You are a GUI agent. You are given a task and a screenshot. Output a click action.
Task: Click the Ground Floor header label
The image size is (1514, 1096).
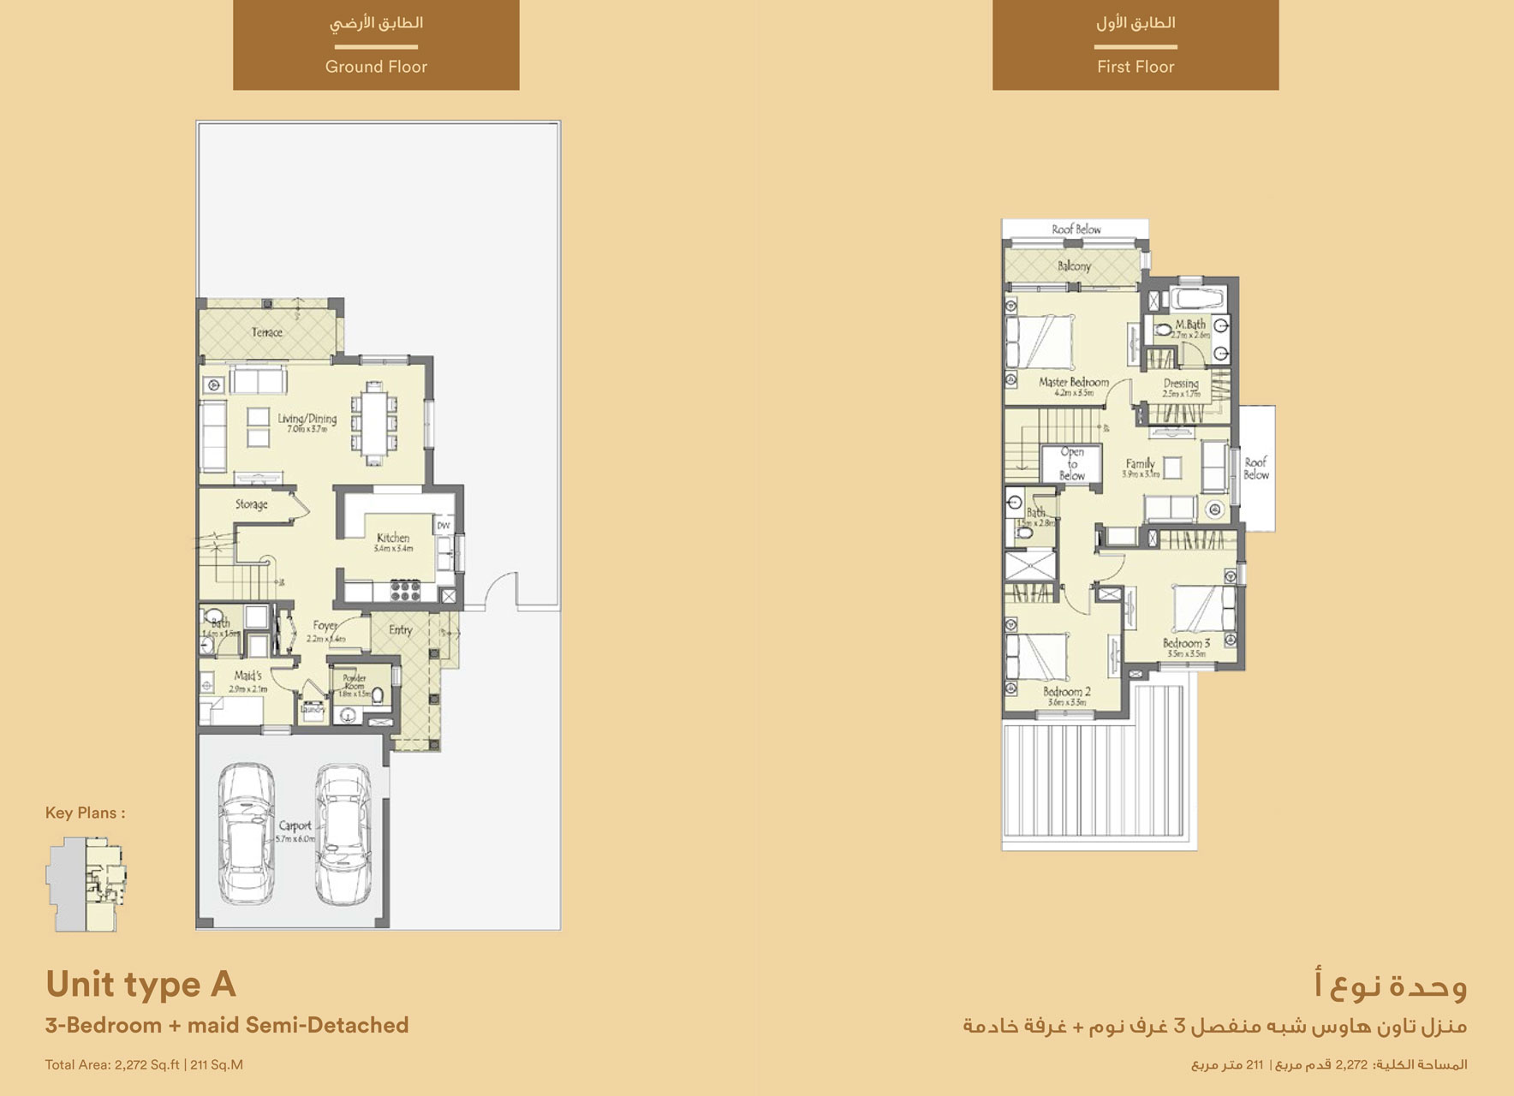(x=376, y=67)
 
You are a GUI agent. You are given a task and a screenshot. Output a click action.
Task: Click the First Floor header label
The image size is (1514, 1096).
(x=1135, y=67)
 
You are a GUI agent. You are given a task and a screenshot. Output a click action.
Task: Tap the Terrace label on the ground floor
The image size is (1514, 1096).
(x=267, y=332)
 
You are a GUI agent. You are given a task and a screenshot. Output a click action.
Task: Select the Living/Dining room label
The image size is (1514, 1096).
(x=307, y=420)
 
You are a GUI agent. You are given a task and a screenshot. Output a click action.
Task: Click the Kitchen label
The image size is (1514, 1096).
(x=393, y=539)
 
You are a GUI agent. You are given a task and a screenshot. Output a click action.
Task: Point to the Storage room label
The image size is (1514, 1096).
(x=252, y=504)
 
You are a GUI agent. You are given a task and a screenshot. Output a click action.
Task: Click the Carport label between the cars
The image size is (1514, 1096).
(x=295, y=826)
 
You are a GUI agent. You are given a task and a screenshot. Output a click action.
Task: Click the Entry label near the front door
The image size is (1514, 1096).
(x=401, y=630)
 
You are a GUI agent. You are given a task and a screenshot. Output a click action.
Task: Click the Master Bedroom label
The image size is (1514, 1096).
(x=1074, y=383)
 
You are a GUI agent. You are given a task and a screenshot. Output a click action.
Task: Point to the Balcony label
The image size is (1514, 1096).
(x=1074, y=266)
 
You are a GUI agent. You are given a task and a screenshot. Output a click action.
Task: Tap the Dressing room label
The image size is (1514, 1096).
(x=1181, y=384)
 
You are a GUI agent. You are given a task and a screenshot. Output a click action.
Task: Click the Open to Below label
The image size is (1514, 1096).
(x=1072, y=463)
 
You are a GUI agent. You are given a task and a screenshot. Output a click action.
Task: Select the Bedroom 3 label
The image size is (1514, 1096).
(x=1186, y=644)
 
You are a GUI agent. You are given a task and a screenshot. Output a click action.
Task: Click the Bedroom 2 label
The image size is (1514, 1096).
(x=1066, y=692)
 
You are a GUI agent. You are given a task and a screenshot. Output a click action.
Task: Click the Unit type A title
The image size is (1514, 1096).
(x=140, y=985)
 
